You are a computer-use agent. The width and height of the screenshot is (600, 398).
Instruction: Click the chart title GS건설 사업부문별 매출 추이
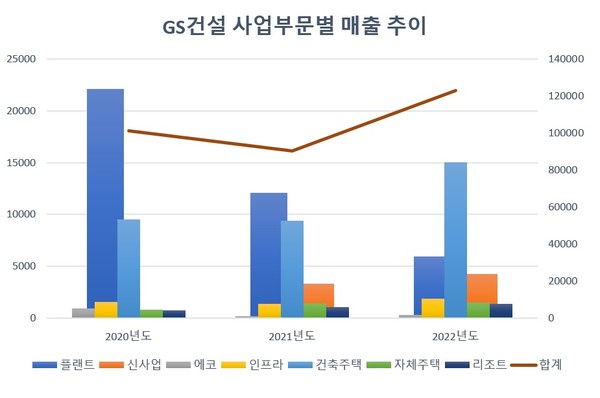coord(300,25)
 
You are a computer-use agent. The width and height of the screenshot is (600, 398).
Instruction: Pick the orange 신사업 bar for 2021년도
coord(319,300)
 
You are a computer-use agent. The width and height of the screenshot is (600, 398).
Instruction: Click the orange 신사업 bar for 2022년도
coord(481,295)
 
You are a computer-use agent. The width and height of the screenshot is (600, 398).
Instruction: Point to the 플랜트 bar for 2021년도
coord(268,250)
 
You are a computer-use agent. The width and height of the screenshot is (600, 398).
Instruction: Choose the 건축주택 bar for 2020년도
coord(128,265)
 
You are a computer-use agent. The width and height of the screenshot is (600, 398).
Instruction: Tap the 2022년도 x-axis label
coord(454,334)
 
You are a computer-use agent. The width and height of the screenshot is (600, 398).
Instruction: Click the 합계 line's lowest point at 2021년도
coord(292,151)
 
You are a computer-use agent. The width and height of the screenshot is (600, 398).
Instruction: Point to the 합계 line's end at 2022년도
coord(456,91)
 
